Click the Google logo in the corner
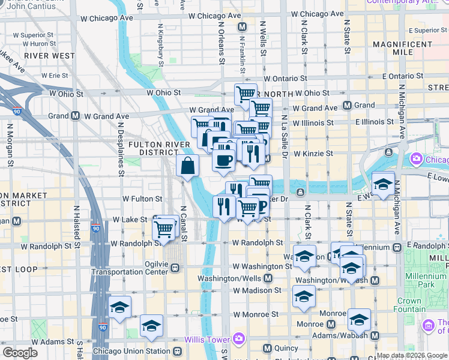click(20, 353)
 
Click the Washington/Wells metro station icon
click(268, 279)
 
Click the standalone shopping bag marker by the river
click(188, 166)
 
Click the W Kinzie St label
click(312, 154)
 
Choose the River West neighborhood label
click(50, 56)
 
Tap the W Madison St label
click(257, 290)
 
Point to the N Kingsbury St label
click(161, 45)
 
